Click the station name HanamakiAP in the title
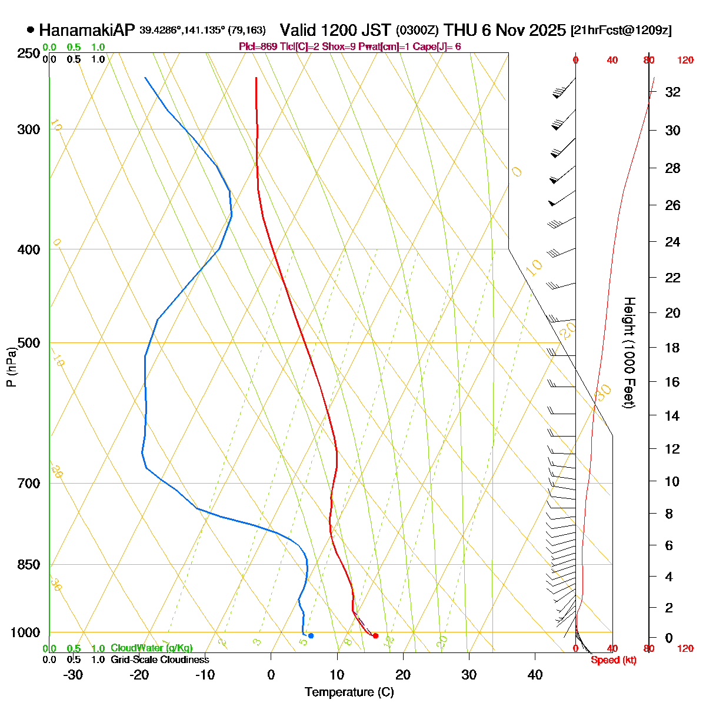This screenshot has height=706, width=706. coord(87,30)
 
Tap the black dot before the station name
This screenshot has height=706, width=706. coord(31,29)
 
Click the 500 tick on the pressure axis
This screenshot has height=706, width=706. coord(29,342)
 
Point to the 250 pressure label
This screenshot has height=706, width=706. coord(29,54)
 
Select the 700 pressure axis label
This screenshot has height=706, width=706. coord(29,483)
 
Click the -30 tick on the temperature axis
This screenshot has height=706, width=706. coord(72,674)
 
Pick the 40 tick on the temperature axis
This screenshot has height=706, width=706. coord(535,674)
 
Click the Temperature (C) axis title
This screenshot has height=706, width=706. coord(349,692)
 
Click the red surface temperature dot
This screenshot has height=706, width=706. coord(375,635)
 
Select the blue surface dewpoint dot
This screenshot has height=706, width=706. coord(311,635)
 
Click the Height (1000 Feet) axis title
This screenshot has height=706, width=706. coord(629,353)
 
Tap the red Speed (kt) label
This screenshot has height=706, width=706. coord(613,660)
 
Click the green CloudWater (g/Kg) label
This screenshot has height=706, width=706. coord(151,648)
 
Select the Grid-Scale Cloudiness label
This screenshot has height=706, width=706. coord(159,660)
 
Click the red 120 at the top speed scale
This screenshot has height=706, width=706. coord(685,60)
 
